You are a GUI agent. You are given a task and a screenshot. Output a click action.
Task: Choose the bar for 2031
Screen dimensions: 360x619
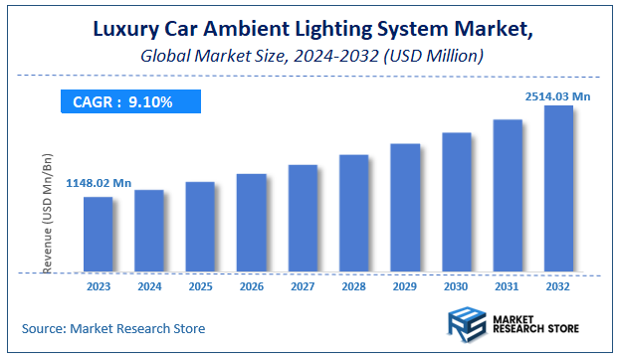click(508, 196)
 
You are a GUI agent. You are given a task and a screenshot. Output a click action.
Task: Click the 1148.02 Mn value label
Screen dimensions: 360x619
click(99, 183)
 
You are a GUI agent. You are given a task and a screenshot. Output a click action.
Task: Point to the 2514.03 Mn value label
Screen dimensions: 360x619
click(558, 95)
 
